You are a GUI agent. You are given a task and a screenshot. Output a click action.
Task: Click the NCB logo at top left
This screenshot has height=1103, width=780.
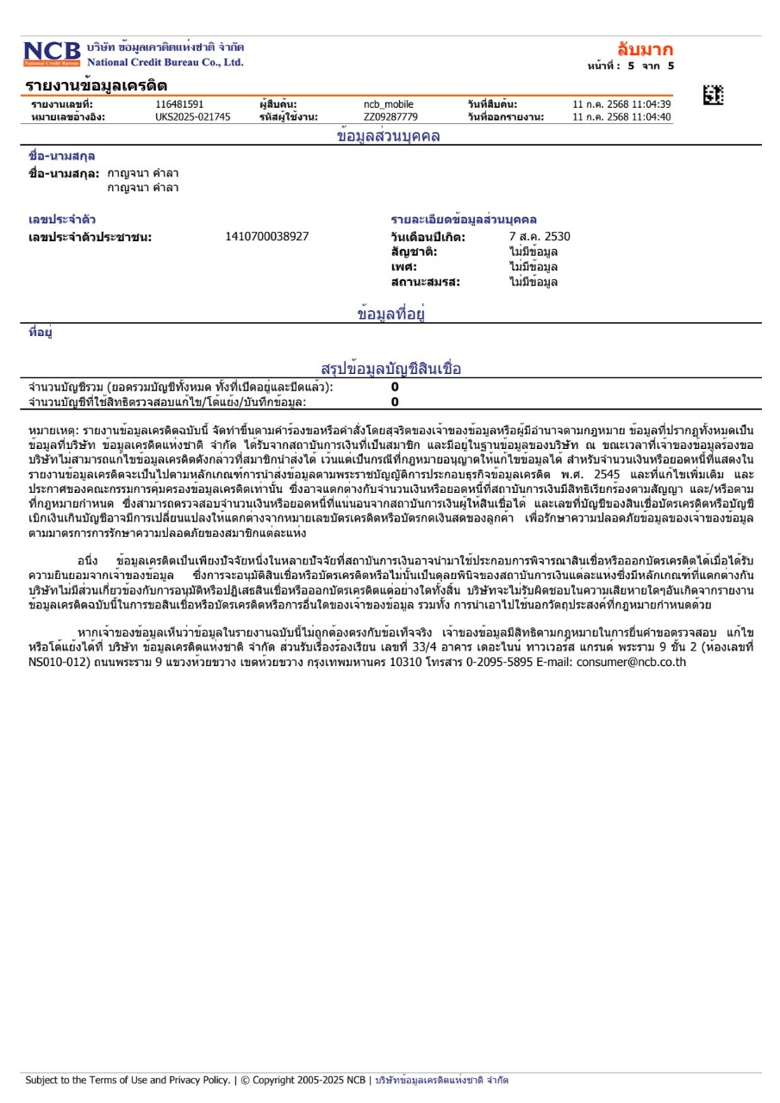[x=52, y=53]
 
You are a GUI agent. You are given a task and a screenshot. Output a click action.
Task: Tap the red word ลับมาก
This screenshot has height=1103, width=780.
[x=646, y=48]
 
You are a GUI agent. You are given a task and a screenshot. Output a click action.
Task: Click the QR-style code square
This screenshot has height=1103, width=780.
[x=713, y=96]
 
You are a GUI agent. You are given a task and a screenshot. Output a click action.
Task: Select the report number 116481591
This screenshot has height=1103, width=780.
[x=179, y=104]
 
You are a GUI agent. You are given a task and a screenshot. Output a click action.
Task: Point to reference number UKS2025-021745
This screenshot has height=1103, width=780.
[x=193, y=117]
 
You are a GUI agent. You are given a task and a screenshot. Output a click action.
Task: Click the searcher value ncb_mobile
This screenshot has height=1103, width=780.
[x=388, y=104]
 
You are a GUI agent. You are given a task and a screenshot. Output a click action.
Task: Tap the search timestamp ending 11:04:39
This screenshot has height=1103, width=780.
[x=621, y=104]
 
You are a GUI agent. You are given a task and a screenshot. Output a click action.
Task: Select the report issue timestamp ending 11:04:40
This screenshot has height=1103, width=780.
[x=621, y=117]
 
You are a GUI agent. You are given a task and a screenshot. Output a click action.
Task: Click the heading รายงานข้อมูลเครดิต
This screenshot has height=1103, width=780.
[x=96, y=85]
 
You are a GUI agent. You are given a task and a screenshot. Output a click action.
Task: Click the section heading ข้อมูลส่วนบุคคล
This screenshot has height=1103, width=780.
[x=388, y=136]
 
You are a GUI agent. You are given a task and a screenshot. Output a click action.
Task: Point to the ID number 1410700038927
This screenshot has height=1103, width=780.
[x=267, y=236]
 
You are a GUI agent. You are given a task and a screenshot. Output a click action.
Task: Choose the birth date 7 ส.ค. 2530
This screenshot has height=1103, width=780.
[x=540, y=236]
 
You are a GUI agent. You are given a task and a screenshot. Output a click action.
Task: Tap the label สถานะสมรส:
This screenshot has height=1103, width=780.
[x=425, y=282]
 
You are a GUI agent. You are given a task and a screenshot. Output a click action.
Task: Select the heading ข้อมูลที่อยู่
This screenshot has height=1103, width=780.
[x=392, y=314]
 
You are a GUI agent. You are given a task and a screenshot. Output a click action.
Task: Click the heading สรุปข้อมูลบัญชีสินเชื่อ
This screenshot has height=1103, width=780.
[x=391, y=370]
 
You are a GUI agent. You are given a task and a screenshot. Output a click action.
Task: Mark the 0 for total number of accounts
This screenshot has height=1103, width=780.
[x=395, y=388]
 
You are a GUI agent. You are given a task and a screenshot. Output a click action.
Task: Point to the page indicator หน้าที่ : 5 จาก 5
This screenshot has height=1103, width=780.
[x=629, y=65]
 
